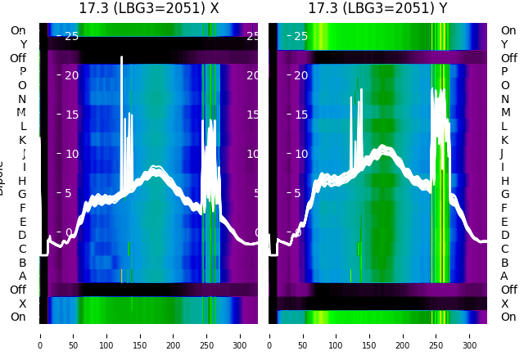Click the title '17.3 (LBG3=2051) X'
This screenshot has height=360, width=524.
148,8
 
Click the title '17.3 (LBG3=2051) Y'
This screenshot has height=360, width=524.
377,8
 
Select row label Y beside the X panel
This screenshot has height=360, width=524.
23,44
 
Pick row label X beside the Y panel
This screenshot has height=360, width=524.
504,304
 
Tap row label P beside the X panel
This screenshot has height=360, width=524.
22,72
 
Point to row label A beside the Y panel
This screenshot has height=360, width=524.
504,276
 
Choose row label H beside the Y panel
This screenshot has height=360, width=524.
504,181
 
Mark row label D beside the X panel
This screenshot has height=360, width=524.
22,236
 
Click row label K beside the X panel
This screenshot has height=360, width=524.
22,140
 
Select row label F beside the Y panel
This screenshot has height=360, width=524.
504,208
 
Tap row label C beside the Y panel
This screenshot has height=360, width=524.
504,249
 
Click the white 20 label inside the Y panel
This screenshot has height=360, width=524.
300,75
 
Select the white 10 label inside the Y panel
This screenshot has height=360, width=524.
300,154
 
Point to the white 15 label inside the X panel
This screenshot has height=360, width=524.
71,115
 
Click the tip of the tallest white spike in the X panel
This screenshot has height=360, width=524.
121,57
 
